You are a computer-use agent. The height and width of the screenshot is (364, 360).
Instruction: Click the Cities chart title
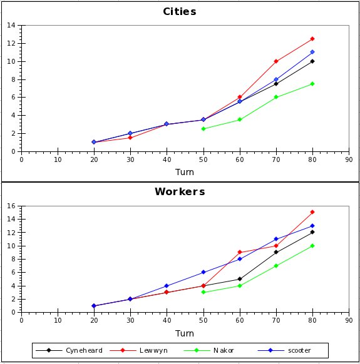point(180,12)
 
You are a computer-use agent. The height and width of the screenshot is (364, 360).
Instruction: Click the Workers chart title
point(180,191)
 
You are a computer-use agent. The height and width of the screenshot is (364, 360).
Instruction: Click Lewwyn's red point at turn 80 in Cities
point(312,39)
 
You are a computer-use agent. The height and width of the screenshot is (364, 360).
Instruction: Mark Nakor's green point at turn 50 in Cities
point(203,129)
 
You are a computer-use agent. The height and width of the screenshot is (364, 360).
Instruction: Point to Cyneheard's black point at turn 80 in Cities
point(312,61)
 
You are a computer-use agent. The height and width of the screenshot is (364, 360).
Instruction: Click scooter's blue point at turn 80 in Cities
point(312,52)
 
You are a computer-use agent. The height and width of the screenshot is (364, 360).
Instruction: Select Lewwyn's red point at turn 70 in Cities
point(275,61)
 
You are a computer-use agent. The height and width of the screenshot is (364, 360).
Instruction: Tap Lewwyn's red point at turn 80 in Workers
point(312,212)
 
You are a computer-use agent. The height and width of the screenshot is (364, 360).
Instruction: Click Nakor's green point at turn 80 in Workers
point(312,246)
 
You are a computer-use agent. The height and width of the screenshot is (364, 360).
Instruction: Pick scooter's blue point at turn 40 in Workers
point(167,286)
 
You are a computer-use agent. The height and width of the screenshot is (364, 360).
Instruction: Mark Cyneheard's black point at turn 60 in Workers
point(239,279)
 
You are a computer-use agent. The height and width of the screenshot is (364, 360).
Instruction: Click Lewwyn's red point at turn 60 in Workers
point(239,252)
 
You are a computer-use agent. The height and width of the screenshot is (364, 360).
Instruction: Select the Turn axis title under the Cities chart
point(184,172)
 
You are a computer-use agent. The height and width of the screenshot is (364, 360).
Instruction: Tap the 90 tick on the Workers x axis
point(348,319)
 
